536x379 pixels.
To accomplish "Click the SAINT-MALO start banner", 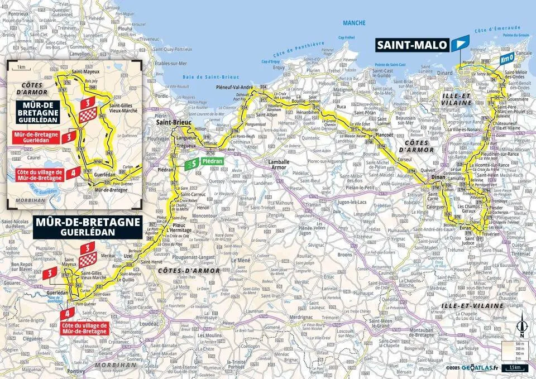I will click(x=411, y=44).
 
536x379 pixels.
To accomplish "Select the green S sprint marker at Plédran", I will click(x=192, y=164).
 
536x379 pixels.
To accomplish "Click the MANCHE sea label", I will click(x=355, y=23).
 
